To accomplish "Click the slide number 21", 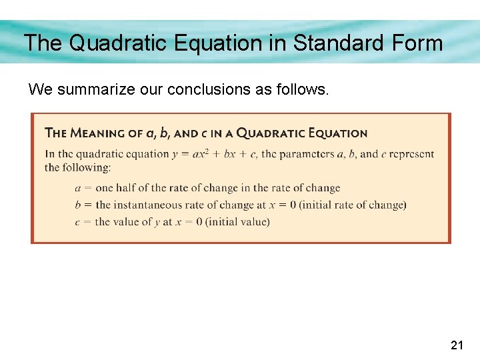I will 457,345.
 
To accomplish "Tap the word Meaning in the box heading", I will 101,133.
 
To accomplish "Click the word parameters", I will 307,154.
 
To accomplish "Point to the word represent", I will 411,154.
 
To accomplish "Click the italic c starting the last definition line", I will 78,221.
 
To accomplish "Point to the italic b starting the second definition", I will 78,205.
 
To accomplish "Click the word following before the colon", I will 86,167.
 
